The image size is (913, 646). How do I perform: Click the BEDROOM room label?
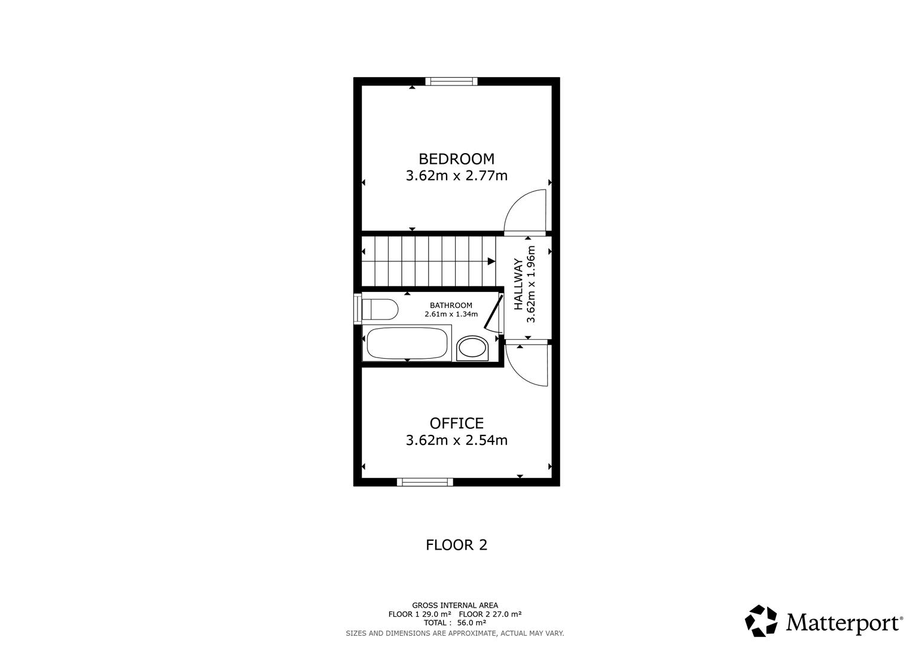coord(456,159)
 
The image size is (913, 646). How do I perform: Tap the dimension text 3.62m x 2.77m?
coord(456,176)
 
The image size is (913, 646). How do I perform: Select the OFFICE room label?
coord(456,423)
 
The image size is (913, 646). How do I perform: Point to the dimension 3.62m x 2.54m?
coord(456,440)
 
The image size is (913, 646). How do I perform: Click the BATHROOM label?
coord(451,306)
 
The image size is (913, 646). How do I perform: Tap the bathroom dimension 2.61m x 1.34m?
coord(451,314)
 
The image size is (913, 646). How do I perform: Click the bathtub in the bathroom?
coord(407,343)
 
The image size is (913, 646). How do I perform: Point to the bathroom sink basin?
coord(472,348)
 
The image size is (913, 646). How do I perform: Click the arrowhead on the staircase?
coord(491,261)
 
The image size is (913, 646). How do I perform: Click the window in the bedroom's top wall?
coord(451,81)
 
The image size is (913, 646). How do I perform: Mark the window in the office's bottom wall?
coord(425,482)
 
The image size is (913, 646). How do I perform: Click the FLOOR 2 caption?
coord(456,545)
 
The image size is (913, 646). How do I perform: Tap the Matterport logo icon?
coord(761,621)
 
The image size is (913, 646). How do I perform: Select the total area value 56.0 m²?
coord(472,623)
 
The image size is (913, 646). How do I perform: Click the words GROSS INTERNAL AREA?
coord(454,605)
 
